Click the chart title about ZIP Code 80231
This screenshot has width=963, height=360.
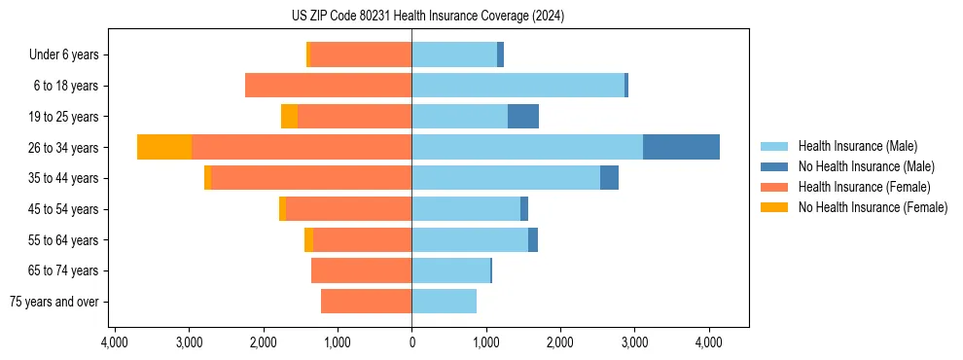[x=427, y=17]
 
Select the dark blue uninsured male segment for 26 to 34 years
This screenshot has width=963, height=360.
[x=681, y=147]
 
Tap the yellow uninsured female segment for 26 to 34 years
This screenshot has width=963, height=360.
[x=164, y=147]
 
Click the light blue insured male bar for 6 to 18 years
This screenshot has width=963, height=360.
[x=517, y=86]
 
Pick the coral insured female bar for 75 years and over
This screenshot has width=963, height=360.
[x=366, y=302]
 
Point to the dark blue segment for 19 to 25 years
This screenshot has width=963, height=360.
[x=523, y=117]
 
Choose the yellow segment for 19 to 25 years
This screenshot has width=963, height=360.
[x=289, y=117]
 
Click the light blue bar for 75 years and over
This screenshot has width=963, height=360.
[x=444, y=302]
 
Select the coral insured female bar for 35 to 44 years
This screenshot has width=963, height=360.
[x=311, y=178]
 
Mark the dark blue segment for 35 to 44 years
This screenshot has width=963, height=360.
[x=609, y=178]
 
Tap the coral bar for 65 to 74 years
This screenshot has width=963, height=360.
[x=361, y=270]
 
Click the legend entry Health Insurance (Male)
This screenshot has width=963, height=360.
[x=857, y=146]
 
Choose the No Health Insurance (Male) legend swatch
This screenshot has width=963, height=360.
[x=774, y=166]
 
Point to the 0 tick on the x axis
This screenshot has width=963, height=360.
[x=411, y=343]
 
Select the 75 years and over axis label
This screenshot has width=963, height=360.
[x=53, y=302]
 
